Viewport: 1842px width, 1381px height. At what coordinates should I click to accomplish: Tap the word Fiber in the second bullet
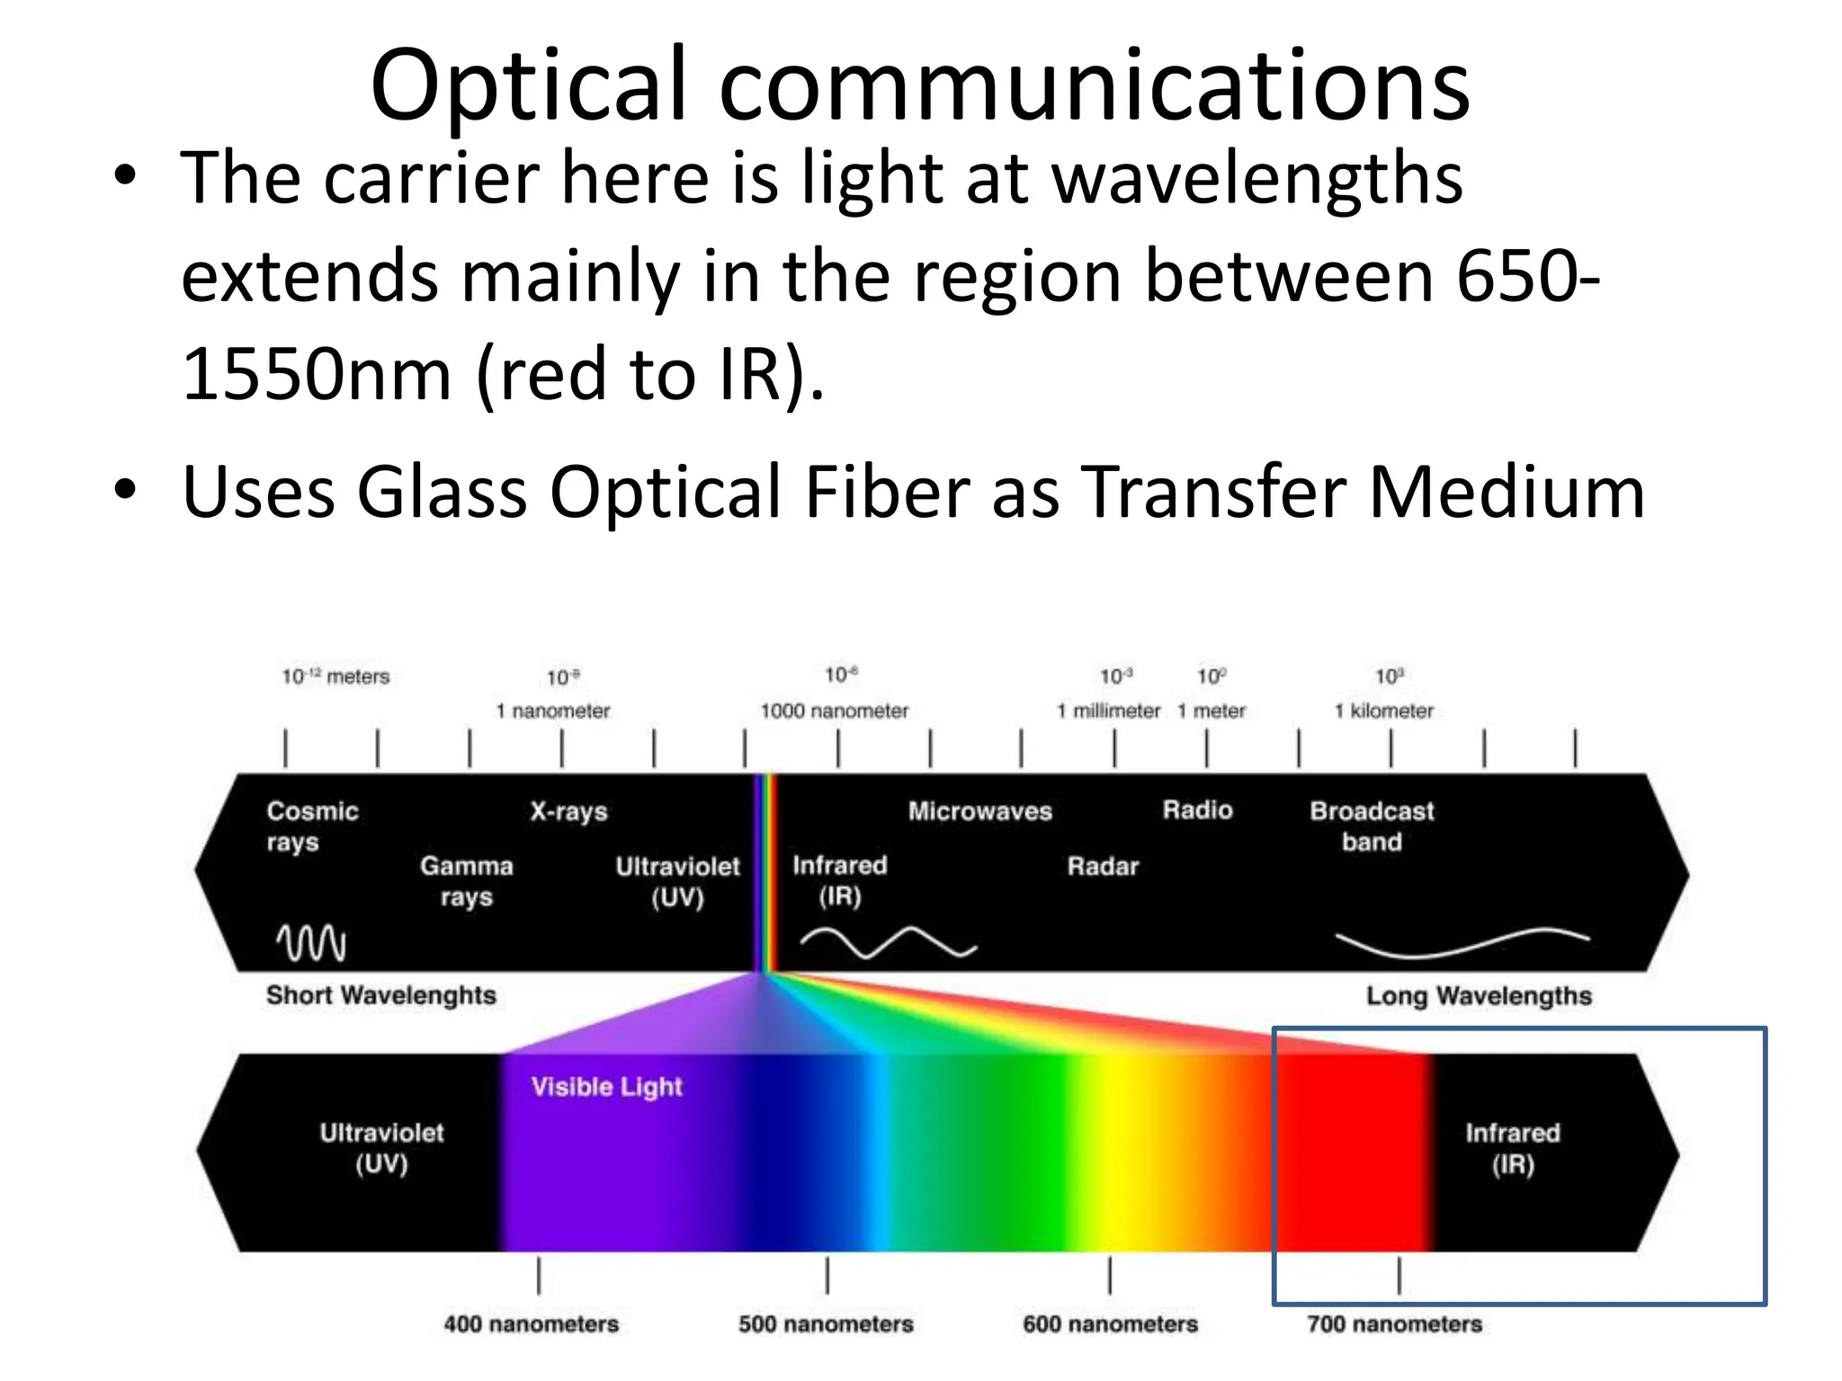tap(885, 492)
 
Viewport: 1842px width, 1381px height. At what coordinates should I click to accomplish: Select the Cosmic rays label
tap(311, 825)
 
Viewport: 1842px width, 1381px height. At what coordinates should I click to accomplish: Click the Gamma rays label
tap(466, 880)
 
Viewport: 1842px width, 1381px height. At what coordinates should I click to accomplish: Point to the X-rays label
tap(568, 811)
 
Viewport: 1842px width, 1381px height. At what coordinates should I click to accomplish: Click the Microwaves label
tap(979, 811)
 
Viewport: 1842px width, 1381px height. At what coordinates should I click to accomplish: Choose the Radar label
tap(1103, 866)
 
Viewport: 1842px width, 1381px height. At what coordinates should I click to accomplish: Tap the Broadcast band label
tap(1372, 825)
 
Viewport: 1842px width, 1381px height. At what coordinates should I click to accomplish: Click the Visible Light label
tap(606, 1086)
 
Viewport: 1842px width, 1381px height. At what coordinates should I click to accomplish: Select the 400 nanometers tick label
tap(531, 1323)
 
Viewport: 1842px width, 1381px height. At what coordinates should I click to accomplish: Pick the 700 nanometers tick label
tap(1394, 1323)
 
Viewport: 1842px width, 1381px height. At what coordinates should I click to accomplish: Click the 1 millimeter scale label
tap(1108, 710)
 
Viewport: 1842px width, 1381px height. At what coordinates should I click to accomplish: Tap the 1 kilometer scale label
tap(1383, 710)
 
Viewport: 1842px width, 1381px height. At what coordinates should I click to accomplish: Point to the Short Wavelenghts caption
tap(380, 995)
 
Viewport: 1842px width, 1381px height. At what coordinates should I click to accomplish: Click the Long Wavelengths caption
tap(1479, 995)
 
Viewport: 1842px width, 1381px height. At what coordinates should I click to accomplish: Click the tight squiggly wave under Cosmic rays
tap(310, 942)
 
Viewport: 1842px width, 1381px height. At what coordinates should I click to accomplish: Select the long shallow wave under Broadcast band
tap(1462, 944)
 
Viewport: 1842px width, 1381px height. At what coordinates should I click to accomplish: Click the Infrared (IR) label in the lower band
tap(1513, 1148)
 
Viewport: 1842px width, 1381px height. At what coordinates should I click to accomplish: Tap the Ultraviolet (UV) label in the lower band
tap(381, 1147)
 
